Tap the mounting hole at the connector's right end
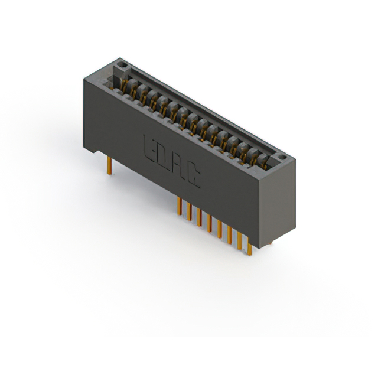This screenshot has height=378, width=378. [x=282, y=158]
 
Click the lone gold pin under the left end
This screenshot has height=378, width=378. [x=109, y=165]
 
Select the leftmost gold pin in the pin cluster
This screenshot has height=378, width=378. [x=179, y=206]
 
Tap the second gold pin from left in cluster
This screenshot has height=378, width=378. [x=189, y=211]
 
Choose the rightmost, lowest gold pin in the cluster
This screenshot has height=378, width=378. [x=250, y=249]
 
